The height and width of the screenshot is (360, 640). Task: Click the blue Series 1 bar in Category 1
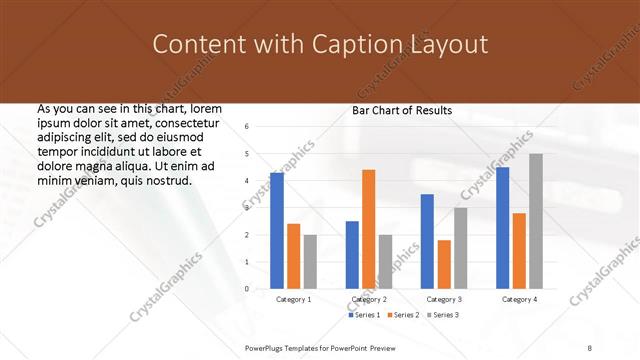click(277, 230)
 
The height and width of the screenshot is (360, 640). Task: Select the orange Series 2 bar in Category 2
click(369, 229)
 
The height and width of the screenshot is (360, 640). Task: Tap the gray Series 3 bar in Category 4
click(536, 221)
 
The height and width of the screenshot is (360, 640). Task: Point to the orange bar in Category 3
click(444, 264)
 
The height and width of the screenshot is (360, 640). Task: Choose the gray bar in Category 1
click(310, 261)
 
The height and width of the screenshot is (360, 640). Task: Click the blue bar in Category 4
click(502, 228)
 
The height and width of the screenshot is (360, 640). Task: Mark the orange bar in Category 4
click(519, 250)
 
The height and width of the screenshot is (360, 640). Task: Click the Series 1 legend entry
click(367, 315)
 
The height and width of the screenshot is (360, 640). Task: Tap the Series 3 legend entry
click(444, 315)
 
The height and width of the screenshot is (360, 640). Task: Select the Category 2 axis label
click(369, 299)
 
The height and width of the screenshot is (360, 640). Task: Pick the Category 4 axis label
click(519, 299)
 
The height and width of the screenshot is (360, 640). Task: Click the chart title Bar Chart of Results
click(402, 110)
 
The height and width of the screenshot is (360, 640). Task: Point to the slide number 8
click(590, 346)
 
